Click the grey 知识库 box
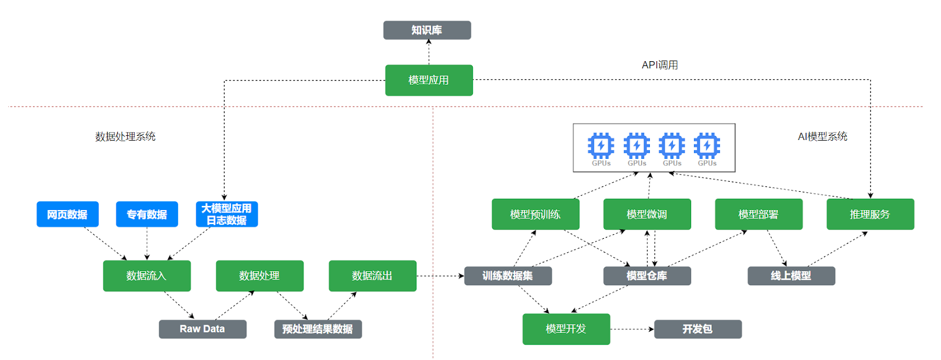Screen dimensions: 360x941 pyautogui.click(x=427, y=30)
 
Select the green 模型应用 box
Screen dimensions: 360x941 pyautogui.click(x=429, y=80)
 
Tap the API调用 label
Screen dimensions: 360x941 pyautogui.click(x=659, y=65)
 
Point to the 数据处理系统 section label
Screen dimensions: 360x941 pyautogui.click(x=125, y=136)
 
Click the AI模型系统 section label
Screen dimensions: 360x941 pyautogui.click(x=822, y=136)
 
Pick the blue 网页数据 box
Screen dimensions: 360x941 pyautogui.click(x=67, y=214)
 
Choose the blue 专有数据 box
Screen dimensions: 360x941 pyautogui.click(x=146, y=214)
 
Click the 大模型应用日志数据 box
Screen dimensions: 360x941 pyautogui.click(x=226, y=214)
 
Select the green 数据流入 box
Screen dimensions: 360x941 pyautogui.click(x=146, y=276)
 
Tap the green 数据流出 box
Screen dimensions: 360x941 pyautogui.click(x=372, y=276)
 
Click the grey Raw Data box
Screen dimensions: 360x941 pyautogui.click(x=202, y=329)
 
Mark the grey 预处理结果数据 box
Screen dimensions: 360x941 pyautogui.click(x=318, y=329)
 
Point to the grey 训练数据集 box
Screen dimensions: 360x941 pyautogui.click(x=508, y=276)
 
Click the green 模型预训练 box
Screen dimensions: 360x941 pyautogui.click(x=535, y=214)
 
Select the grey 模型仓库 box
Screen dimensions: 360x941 pyautogui.click(x=647, y=276)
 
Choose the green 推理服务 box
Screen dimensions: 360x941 pyautogui.click(x=870, y=214)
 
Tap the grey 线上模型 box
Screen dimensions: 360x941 pyautogui.click(x=791, y=276)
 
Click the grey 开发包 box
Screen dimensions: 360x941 pyautogui.click(x=698, y=329)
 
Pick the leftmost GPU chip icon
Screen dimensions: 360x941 pyautogui.click(x=601, y=146)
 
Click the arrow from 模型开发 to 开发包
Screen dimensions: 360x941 pyautogui.click(x=632, y=329)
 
